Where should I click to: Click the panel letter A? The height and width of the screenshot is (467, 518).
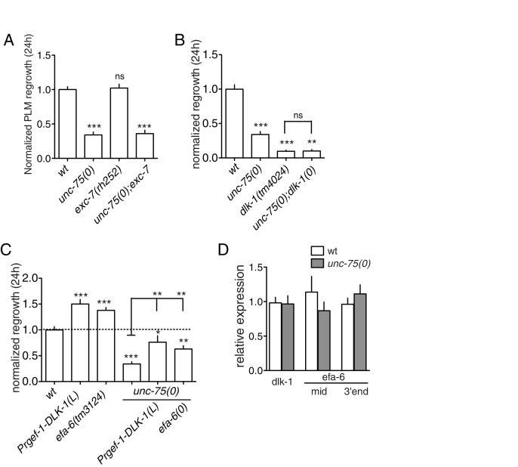tap(8, 40)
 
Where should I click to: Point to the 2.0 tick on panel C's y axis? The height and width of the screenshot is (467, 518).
tap(32, 278)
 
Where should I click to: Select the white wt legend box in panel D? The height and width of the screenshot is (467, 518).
tap(318, 249)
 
